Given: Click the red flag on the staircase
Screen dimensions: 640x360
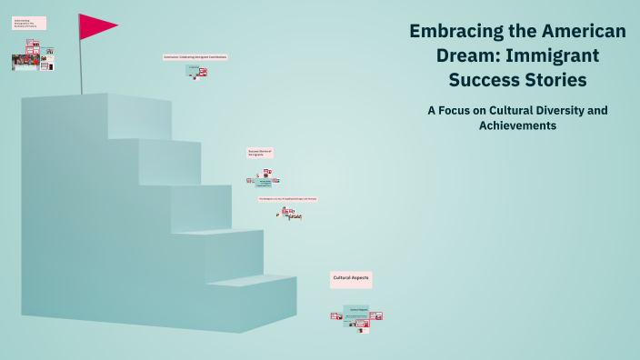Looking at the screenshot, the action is (x=95, y=26).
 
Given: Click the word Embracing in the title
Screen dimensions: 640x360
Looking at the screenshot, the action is (x=455, y=31).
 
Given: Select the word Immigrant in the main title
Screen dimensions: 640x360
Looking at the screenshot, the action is (x=555, y=55).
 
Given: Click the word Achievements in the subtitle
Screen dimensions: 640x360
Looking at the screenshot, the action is (x=517, y=125).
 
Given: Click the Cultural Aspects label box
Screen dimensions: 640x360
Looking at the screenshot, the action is (x=351, y=279).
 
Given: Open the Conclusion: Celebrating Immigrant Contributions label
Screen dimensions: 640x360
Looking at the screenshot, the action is (x=195, y=56).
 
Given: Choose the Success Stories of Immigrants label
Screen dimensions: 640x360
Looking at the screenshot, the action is (x=260, y=153).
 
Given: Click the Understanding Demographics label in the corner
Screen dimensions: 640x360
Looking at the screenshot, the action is (x=29, y=23).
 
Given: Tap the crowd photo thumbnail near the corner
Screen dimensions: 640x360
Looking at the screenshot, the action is (x=25, y=62).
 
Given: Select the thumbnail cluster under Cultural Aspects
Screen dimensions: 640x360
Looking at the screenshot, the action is (x=356, y=315).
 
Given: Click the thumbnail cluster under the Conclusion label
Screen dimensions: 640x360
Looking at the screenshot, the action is (x=196, y=71).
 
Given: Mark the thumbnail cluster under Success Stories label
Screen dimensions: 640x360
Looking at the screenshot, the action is (x=264, y=179).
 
